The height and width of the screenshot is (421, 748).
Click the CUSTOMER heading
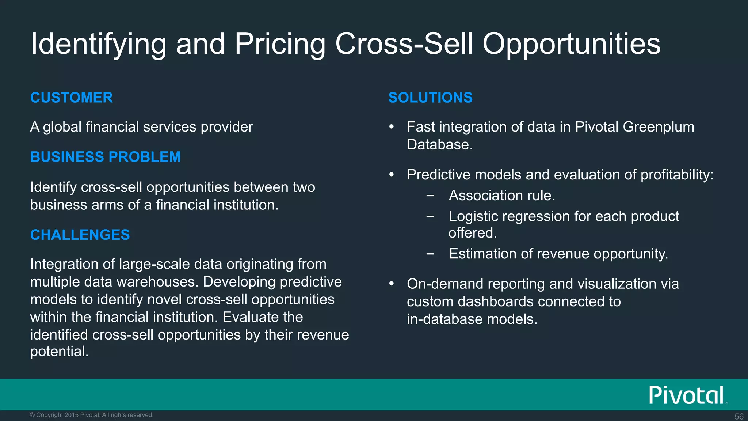pyautogui.click(x=71, y=98)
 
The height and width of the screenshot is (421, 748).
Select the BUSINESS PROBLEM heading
pyautogui.click(x=105, y=157)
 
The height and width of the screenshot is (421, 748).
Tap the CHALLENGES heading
pyautogui.click(x=80, y=235)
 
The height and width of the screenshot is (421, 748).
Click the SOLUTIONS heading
pyautogui.click(x=430, y=98)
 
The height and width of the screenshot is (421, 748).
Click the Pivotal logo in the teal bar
pyautogui.click(x=687, y=395)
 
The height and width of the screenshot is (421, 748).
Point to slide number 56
pyautogui.click(x=739, y=416)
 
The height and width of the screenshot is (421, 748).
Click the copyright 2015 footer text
pyautogui.click(x=91, y=415)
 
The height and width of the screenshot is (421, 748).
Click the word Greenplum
pyautogui.click(x=658, y=127)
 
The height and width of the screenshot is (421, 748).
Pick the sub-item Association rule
pyautogui.click(x=502, y=196)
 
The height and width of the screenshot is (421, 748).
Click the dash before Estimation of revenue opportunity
pyautogui.click(x=430, y=253)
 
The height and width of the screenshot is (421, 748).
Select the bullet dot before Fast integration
pyautogui.click(x=392, y=127)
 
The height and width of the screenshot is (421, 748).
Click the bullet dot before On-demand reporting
pyautogui.click(x=392, y=284)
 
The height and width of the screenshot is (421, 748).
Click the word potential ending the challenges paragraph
pyautogui.click(x=59, y=351)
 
